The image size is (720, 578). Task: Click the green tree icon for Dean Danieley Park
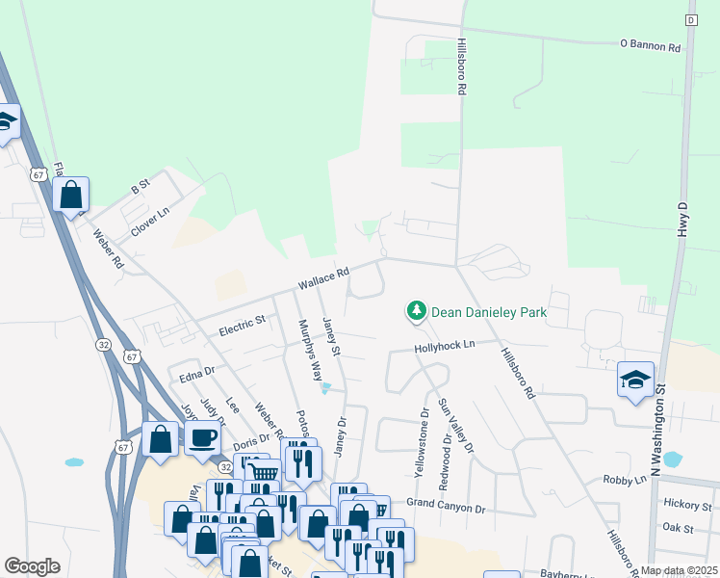416,311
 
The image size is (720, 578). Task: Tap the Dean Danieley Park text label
488,312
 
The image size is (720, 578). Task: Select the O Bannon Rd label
650,45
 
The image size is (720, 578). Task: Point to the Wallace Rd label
322,280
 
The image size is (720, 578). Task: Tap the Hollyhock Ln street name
445,345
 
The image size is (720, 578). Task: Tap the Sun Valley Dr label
455,426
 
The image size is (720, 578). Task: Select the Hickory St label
686,504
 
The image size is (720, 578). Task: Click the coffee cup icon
202,439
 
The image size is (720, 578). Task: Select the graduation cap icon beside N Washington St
635,381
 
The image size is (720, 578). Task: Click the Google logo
33,566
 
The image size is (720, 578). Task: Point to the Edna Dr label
196,374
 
